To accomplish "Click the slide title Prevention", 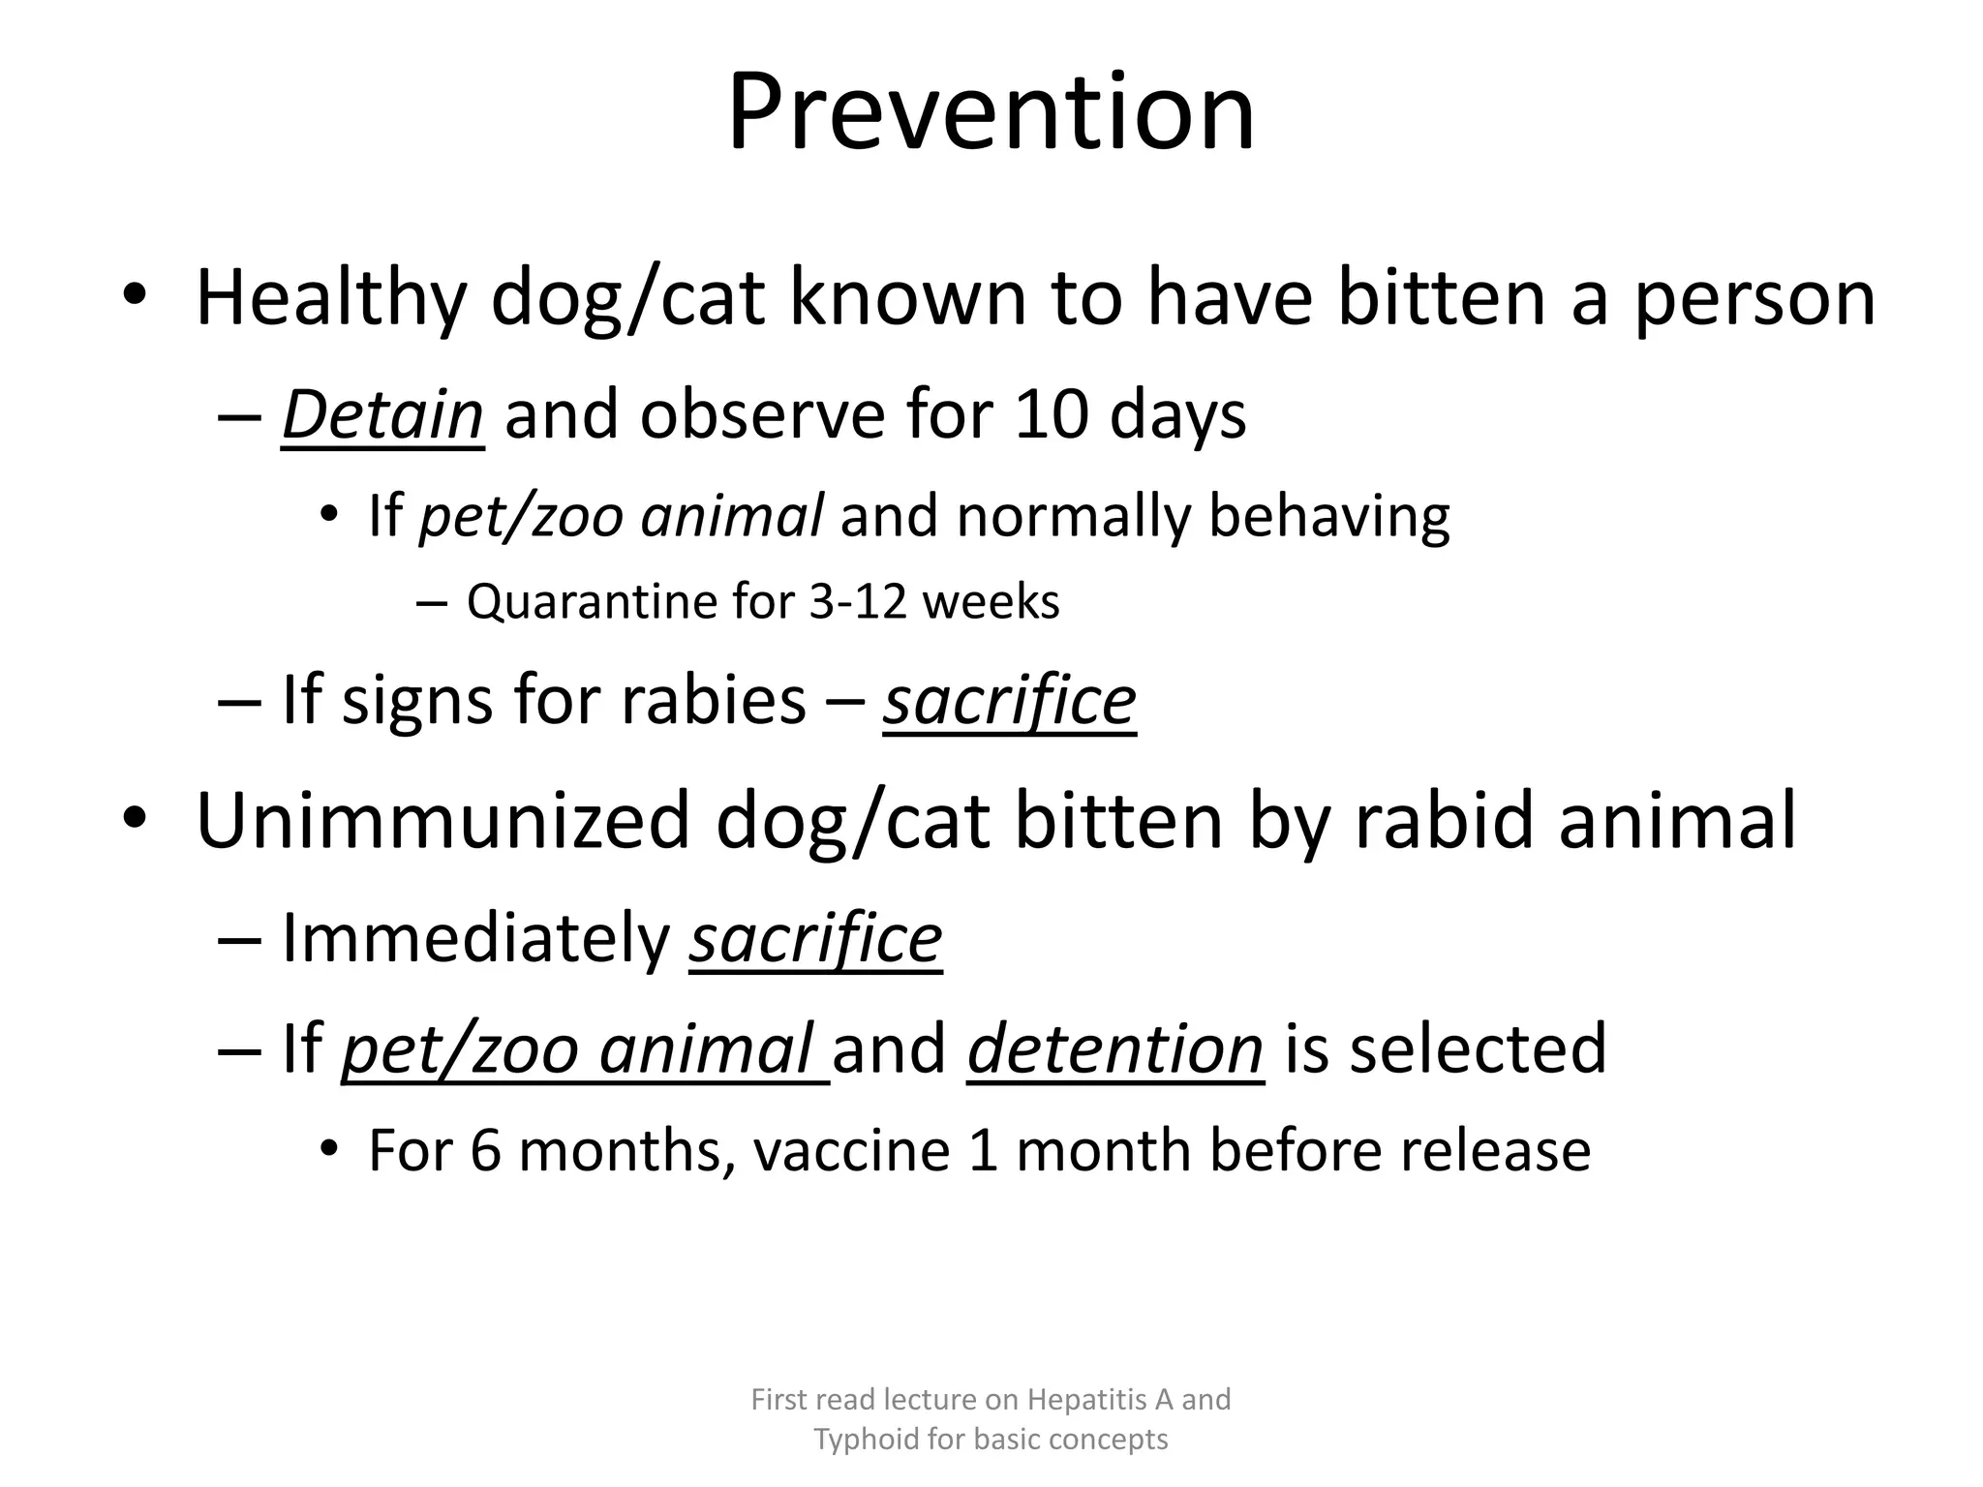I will [x=991, y=114].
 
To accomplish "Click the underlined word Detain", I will [x=381, y=416].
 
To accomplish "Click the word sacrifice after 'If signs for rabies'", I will [x=1009, y=701].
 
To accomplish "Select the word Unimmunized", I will [x=442, y=821].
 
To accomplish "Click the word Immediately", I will [x=475, y=939].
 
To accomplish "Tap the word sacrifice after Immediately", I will [x=815, y=939].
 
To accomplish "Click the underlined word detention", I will [x=1115, y=1049].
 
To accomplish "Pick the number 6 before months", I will [x=485, y=1152].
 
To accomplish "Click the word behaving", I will [x=1328, y=517].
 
